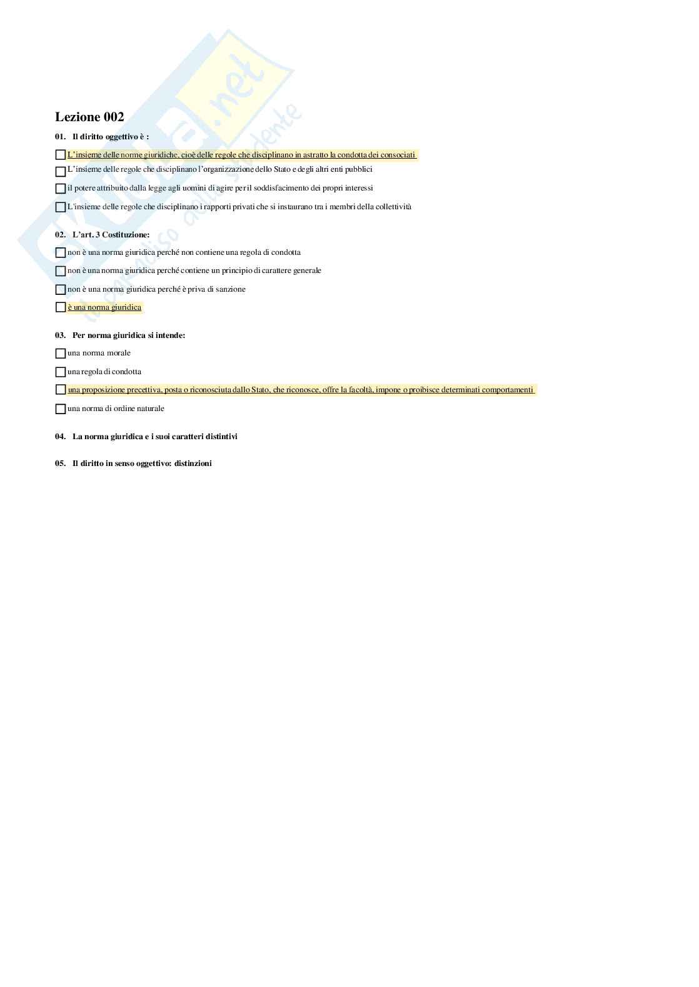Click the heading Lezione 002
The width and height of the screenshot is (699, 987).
click(89, 117)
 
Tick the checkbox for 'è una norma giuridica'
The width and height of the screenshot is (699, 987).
click(61, 307)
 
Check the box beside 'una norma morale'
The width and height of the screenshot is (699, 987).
click(61, 354)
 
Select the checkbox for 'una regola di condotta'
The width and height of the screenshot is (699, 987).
click(61, 372)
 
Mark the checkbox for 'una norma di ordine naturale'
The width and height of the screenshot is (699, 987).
click(61, 409)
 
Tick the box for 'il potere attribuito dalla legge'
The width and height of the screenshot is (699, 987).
click(61, 189)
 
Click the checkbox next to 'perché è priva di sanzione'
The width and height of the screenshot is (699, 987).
click(61, 290)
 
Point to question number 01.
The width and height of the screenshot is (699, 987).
click(60, 137)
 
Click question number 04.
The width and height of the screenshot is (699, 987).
click(60, 437)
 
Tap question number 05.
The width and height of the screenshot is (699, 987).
click(60, 464)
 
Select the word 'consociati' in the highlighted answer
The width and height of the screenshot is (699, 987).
click(398, 155)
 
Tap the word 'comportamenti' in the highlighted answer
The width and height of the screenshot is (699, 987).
click(507, 390)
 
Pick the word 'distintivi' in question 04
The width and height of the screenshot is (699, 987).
click(220, 437)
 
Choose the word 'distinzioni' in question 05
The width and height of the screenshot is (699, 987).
click(193, 464)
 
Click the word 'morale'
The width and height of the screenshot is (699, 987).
click(119, 353)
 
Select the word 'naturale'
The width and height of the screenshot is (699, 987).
click(149, 409)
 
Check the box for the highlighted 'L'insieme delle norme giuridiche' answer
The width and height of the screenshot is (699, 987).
click(61, 155)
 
